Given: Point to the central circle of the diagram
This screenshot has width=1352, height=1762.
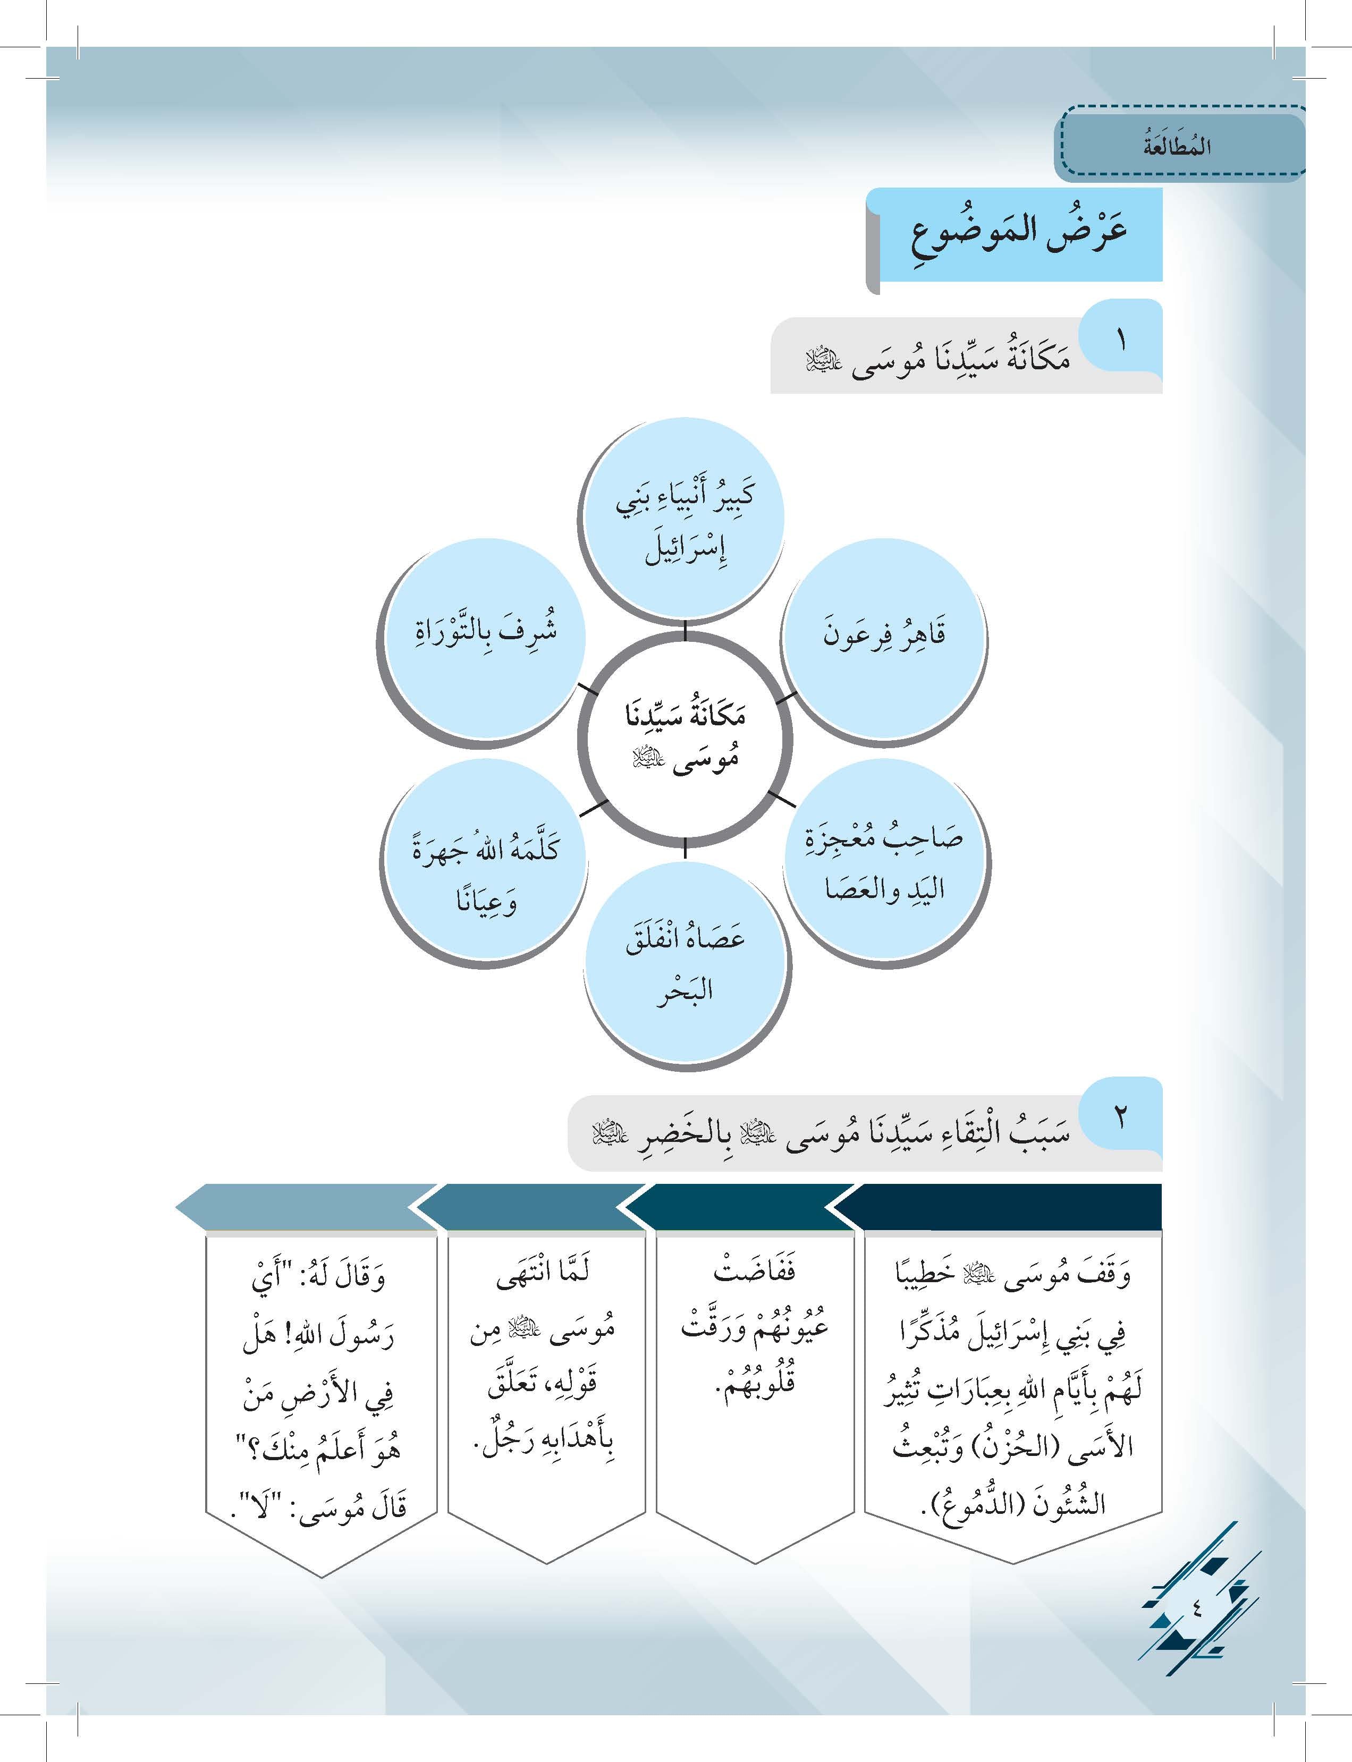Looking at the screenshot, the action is (x=685, y=737).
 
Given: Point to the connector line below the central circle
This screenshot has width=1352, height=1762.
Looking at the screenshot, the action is (x=685, y=846).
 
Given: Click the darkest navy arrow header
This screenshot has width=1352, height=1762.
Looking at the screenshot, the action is (x=1006, y=1206).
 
